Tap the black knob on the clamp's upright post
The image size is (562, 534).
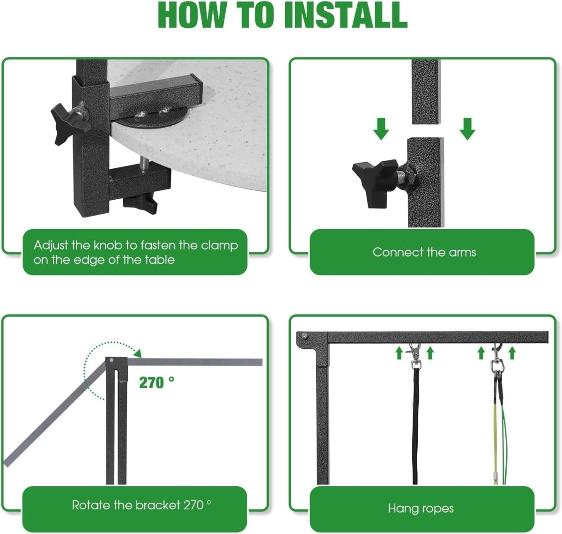[68, 123]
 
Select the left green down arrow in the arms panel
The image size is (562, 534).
[381, 129]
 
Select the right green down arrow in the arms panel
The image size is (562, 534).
[467, 129]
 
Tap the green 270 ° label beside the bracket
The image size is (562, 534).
[156, 383]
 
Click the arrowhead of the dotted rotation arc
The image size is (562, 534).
[138, 354]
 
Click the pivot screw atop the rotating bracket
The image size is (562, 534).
[111, 360]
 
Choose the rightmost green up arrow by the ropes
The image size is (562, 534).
[512, 353]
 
